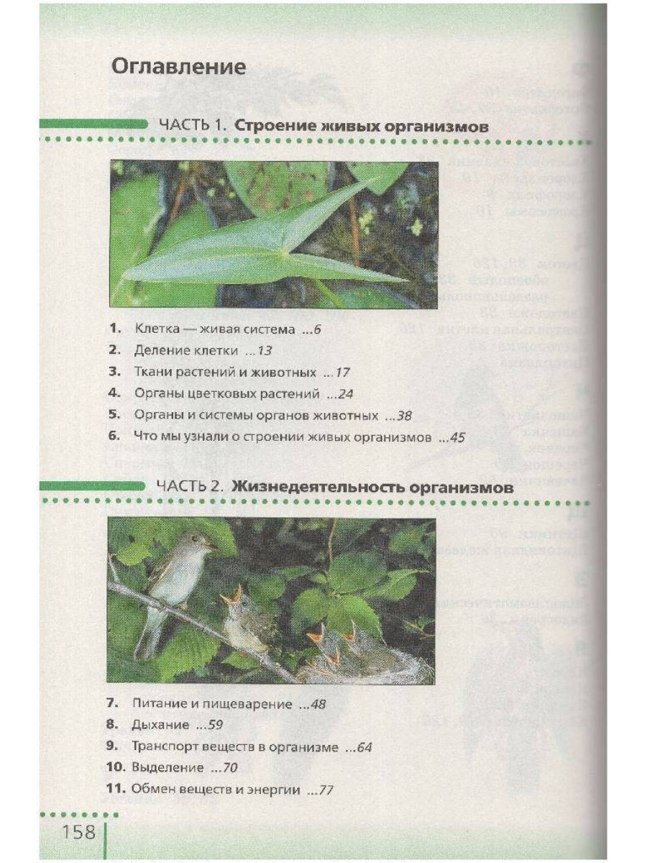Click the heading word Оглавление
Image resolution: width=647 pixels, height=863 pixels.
click(x=178, y=68)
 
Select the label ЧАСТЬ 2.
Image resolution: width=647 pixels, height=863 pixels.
click(x=190, y=487)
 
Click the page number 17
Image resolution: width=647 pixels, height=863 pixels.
click(x=342, y=373)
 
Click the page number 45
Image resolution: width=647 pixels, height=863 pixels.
click(x=458, y=438)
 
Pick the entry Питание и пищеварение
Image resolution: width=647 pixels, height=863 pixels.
click(x=211, y=704)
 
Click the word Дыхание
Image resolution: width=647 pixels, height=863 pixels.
click(x=160, y=726)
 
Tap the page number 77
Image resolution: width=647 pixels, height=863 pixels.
click(x=326, y=790)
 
